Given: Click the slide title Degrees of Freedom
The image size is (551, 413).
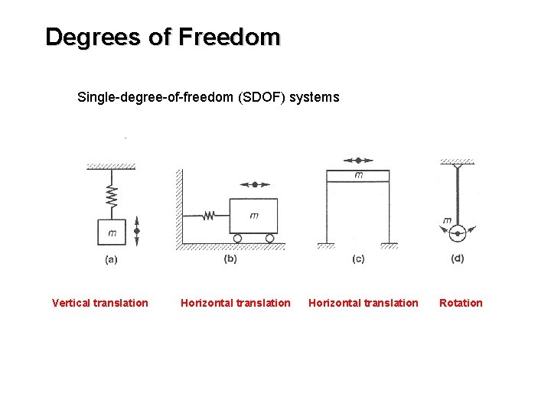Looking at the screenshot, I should tap(163, 37).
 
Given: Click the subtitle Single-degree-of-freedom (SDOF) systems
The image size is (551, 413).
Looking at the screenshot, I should tap(208, 98).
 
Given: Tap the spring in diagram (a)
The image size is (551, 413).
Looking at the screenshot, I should tap(112, 197).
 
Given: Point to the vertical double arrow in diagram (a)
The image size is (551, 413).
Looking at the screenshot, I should tap(137, 230).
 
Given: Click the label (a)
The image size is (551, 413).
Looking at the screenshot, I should tap(111, 259).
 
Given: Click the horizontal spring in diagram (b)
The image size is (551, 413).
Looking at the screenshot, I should tap(207, 216).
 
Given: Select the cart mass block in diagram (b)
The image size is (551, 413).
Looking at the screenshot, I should tap(253, 216).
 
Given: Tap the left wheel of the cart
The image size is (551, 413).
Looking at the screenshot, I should tap(237, 239).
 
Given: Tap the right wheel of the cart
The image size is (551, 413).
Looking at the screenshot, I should tap(269, 239).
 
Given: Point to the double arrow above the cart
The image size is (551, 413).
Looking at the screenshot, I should tap(255, 184).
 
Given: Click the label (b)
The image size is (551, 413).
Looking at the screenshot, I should tap(230, 259).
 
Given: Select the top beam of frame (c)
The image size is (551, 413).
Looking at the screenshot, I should tap(358, 175).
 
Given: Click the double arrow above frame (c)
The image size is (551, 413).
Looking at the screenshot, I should tap(358, 161).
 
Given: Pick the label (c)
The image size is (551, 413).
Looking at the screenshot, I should tap(358, 259).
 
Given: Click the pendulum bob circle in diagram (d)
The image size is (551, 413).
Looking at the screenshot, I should tap(458, 230).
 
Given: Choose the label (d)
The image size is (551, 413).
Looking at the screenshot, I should tap(458, 259).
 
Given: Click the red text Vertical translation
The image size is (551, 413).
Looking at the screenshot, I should tap(100, 303).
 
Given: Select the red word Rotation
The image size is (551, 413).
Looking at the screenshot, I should tap(461, 303).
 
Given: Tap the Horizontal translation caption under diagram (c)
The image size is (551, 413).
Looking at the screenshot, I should tap(364, 303).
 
